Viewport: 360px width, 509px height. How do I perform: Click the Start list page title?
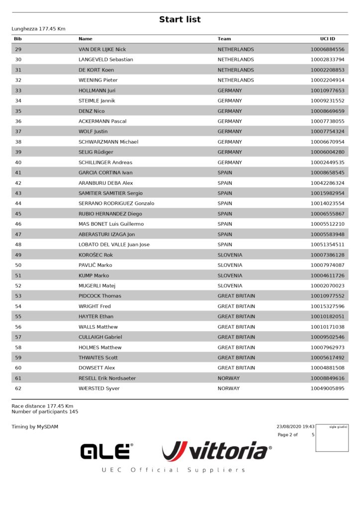tap(180, 19)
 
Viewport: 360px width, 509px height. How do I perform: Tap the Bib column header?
tap(18, 39)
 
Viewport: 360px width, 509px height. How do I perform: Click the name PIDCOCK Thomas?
tap(100, 296)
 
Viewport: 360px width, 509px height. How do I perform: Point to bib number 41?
tap(18, 172)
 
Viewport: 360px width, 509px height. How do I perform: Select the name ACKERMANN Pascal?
tap(102, 121)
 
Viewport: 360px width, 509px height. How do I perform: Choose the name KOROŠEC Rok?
tap(96, 255)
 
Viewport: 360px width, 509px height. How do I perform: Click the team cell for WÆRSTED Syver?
tap(228, 388)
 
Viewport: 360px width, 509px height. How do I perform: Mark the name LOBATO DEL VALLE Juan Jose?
tap(114, 245)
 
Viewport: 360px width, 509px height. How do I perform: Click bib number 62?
tap(18, 388)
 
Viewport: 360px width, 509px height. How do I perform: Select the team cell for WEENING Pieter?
tap(236, 80)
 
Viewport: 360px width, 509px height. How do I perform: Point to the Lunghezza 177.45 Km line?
tap(38, 29)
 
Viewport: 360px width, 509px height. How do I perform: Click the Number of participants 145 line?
tap(45, 412)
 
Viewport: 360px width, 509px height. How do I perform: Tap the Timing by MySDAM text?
tap(35, 426)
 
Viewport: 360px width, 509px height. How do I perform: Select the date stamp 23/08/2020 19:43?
tap(295, 426)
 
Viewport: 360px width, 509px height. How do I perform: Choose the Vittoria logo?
tap(217, 451)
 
